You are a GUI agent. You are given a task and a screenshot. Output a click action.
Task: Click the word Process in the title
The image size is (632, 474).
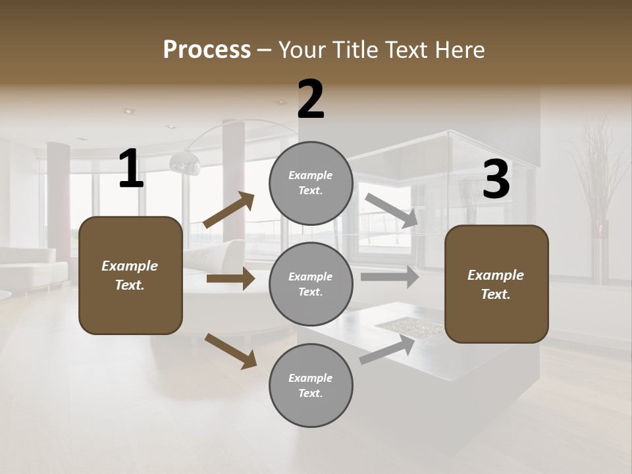point(207,49)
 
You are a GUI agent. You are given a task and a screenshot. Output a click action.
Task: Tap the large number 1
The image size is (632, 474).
point(131,169)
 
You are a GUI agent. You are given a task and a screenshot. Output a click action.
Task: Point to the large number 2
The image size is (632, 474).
point(311,99)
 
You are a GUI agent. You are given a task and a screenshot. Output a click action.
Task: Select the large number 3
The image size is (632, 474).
point(496,180)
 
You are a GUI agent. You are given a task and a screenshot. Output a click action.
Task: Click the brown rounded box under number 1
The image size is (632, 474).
point(130,275)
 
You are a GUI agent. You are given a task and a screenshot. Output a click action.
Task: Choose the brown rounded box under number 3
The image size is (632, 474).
point(496,284)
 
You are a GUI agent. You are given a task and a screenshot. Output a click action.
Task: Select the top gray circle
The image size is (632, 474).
point(311,183)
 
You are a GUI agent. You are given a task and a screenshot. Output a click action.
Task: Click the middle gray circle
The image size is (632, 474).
point(311,284)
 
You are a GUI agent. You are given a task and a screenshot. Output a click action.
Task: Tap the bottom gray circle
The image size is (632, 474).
point(311,385)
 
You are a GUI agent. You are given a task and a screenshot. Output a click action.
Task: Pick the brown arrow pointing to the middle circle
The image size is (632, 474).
point(230,278)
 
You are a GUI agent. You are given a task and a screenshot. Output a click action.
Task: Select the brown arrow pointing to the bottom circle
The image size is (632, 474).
point(230,351)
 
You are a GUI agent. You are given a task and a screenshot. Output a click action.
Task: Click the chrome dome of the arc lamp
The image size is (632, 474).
point(184,162)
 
